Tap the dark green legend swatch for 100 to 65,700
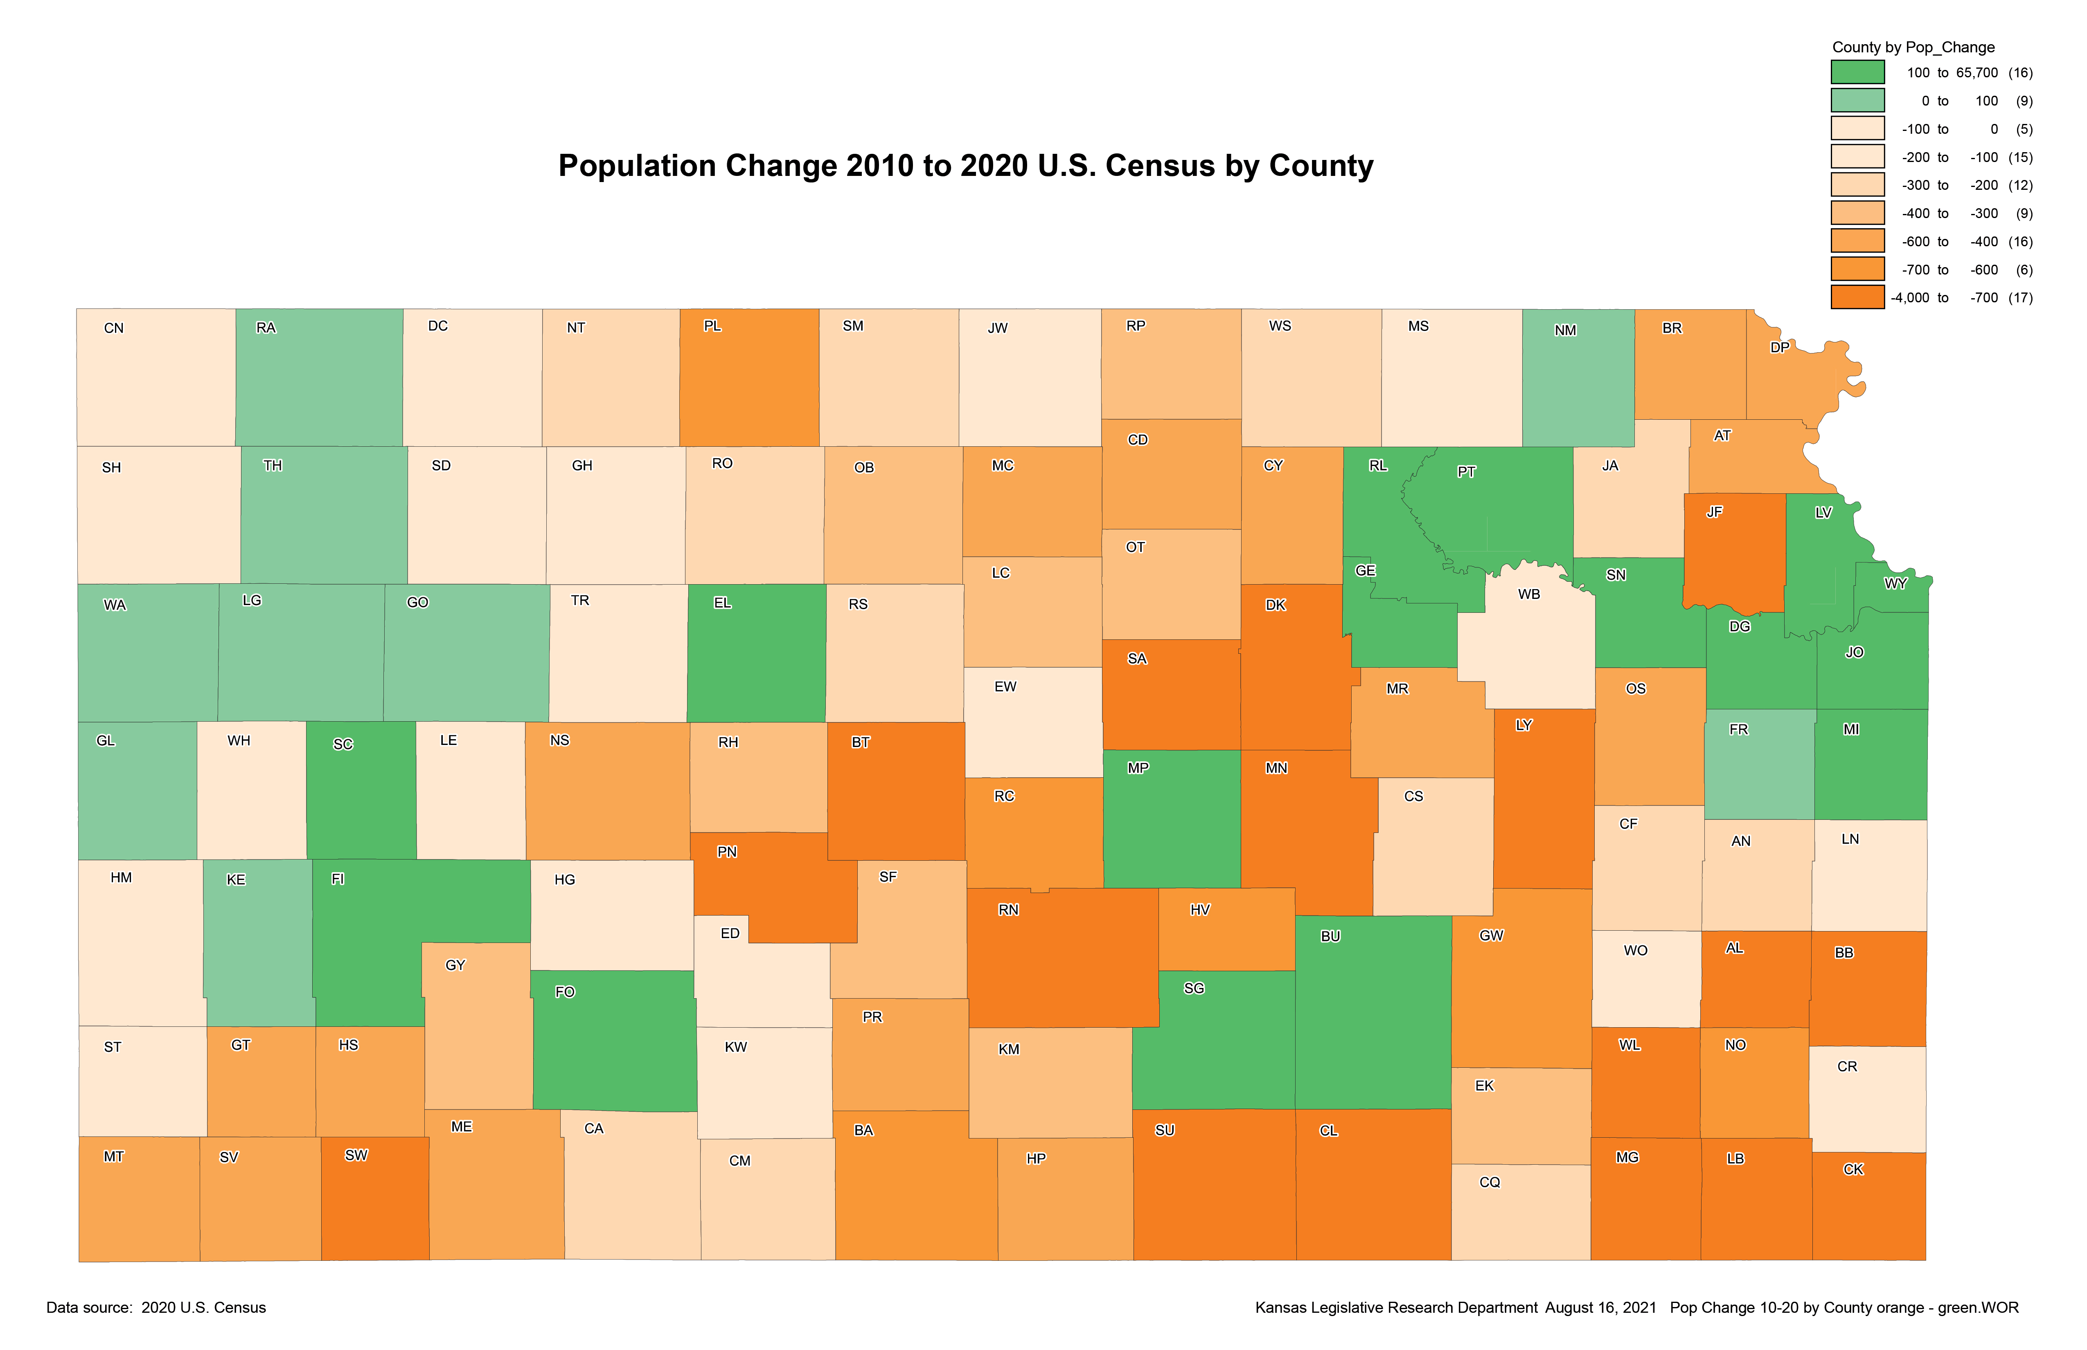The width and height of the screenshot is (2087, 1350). [1857, 72]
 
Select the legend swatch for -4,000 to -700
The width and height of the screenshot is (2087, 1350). [1857, 297]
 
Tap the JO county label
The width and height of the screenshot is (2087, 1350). [1854, 652]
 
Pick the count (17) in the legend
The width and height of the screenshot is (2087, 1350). [2020, 297]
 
